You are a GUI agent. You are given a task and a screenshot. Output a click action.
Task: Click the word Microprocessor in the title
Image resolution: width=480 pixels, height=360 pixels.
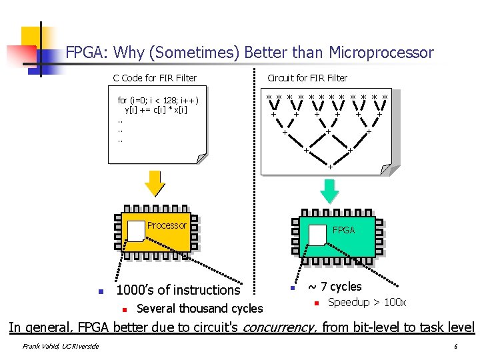click(x=381, y=53)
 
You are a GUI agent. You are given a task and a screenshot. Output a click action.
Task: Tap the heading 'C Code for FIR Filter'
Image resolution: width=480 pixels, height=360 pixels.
click(x=155, y=78)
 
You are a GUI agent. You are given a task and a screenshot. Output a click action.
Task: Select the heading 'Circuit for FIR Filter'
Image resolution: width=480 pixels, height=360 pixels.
click(x=307, y=78)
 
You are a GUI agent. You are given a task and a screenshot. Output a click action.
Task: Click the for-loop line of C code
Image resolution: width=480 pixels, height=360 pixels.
click(x=158, y=101)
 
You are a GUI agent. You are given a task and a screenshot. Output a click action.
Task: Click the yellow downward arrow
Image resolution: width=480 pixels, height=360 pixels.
click(x=155, y=183)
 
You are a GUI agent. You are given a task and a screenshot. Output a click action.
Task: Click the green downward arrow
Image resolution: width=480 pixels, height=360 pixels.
click(x=329, y=189)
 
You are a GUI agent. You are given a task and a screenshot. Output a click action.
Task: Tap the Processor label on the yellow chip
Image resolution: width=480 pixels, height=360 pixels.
click(x=167, y=225)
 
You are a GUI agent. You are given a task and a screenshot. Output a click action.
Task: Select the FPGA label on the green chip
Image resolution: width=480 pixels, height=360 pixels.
click(x=344, y=230)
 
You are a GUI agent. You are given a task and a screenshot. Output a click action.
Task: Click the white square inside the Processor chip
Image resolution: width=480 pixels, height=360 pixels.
click(x=136, y=231)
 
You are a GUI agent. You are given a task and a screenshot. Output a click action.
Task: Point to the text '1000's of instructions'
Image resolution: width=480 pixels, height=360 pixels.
click(x=178, y=290)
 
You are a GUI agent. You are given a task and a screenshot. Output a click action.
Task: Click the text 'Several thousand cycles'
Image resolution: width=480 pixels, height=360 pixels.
click(x=199, y=309)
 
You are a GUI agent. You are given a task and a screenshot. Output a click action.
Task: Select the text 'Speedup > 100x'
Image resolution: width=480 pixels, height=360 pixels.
click(x=367, y=303)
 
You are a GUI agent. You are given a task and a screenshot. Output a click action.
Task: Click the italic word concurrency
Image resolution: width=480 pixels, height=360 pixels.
click(x=279, y=327)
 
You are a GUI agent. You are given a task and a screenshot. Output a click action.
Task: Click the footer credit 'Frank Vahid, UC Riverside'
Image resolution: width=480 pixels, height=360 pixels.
click(x=60, y=346)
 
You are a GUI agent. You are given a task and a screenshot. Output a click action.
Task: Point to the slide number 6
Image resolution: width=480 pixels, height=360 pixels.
click(x=455, y=347)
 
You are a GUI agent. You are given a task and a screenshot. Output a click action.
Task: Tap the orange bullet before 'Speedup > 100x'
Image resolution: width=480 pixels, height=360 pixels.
click(x=318, y=304)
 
